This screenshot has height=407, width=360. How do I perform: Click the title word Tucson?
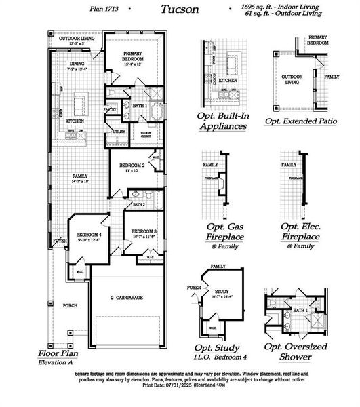coord(180,9)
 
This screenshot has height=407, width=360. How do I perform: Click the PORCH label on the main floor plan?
coord(71,305)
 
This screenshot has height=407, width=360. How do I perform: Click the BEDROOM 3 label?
coord(144,231)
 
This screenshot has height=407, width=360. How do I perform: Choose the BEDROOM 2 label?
coord(132,166)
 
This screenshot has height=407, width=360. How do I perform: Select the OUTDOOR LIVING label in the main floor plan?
coord(77,39)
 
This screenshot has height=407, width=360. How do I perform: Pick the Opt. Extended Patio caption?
coord(300,121)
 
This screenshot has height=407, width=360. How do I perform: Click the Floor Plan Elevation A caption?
coord(61,358)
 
